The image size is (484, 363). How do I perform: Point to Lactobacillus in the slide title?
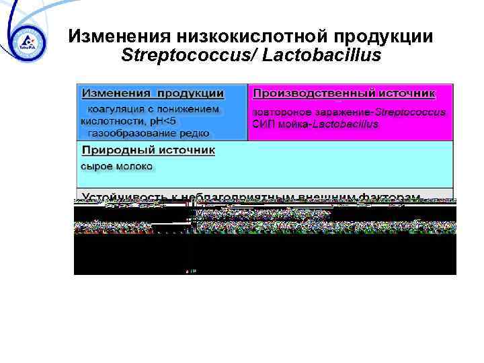point(322,55)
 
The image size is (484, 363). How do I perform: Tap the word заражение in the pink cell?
point(340,112)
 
